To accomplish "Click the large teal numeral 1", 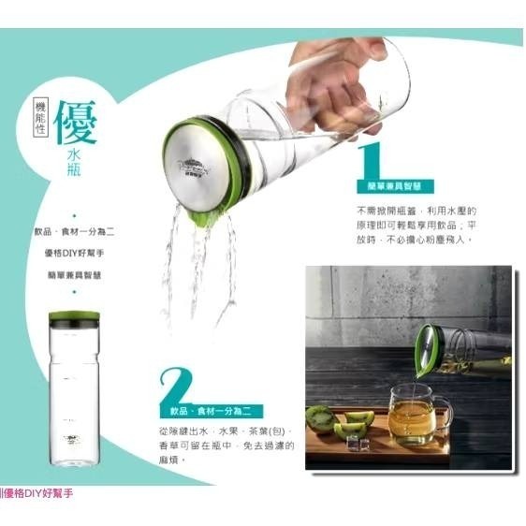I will [x=371, y=159].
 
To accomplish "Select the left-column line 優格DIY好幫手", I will [x=74, y=252].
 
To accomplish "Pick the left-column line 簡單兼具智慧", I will [x=74, y=274].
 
